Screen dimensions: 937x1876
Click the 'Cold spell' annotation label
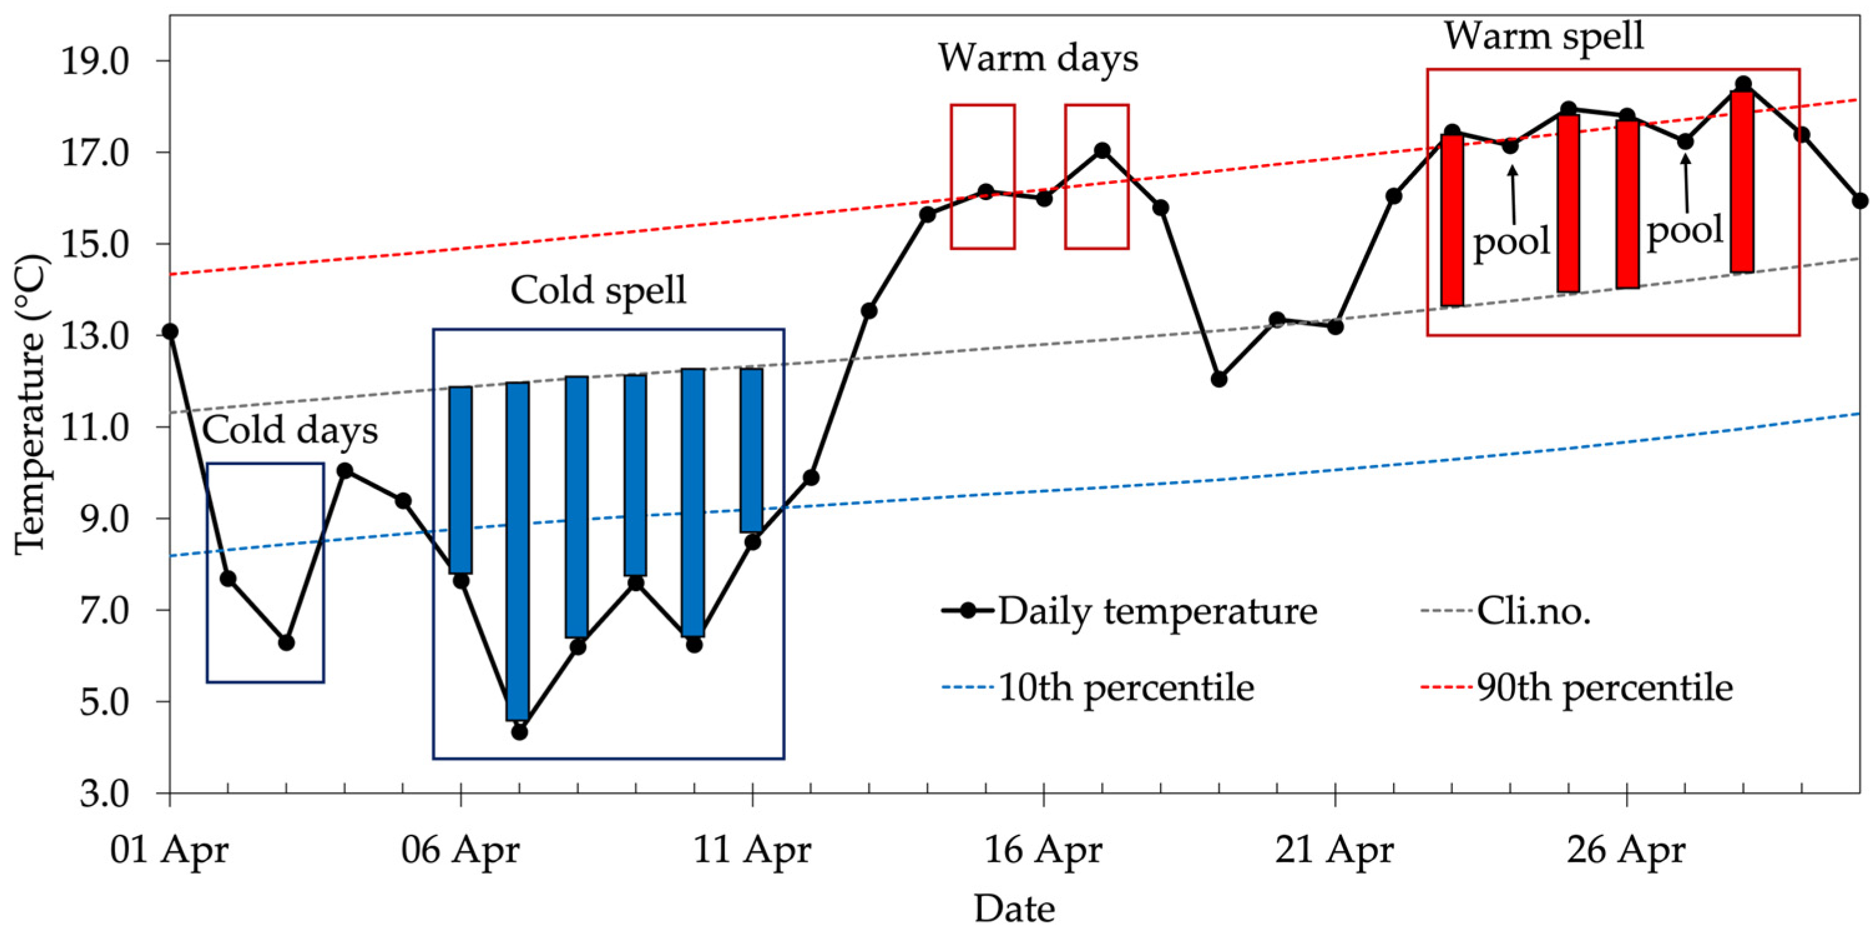pyautogui.click(x=598, y=291)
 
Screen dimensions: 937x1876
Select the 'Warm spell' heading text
pyautogui.click(x=1544, y=36)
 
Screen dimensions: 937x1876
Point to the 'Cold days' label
pyautogui.click(x=290, y=431)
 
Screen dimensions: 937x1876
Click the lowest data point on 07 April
pyautogui.click(x=519, y=731)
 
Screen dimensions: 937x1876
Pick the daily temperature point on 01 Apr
pyautogui.click(x=170, y=332)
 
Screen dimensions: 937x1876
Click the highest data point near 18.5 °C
pyautogui.click(x=1743, y=85)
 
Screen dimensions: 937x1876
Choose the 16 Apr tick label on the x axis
pyautogui.click(x=1043, y=850)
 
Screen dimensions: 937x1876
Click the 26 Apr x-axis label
pyautogui.click(x=1625, y=850)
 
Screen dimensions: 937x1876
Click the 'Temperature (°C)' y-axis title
pyautogui.click(x=31, y=405)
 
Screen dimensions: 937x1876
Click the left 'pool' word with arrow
pyautogui.click(x=1512, y=241)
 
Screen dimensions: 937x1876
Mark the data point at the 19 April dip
pyautogui.click(x=1219, y=379)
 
